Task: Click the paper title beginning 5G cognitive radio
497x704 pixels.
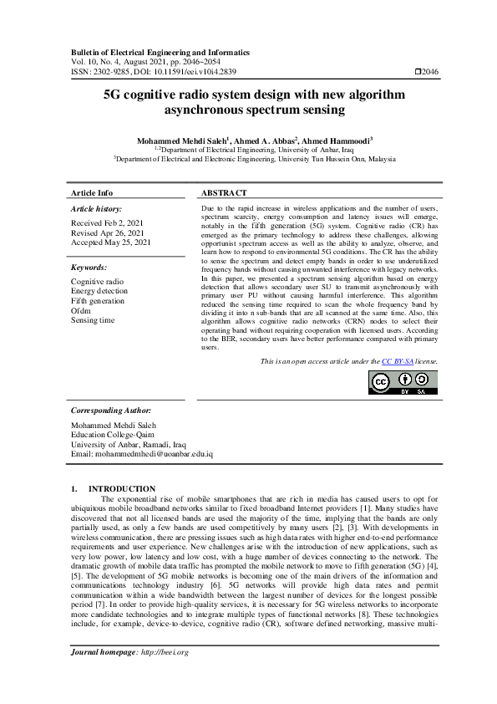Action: tap(248, 102)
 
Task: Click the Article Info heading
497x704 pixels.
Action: tap(92, 192)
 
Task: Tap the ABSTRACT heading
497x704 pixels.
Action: tap(224, 192)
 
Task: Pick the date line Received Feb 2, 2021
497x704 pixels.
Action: tap(106, 222)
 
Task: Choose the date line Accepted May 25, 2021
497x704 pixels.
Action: tap(111, 242)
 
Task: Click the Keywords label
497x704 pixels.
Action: tap(89, 268)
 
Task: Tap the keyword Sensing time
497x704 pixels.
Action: tap(93, 320)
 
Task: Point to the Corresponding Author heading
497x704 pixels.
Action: tap(111, 411)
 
